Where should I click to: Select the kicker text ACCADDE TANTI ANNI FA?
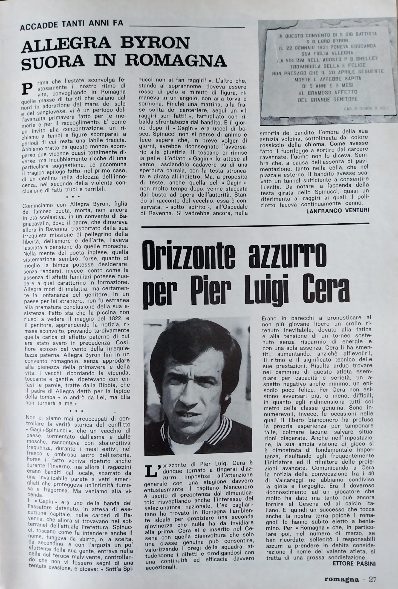point(72,24)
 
